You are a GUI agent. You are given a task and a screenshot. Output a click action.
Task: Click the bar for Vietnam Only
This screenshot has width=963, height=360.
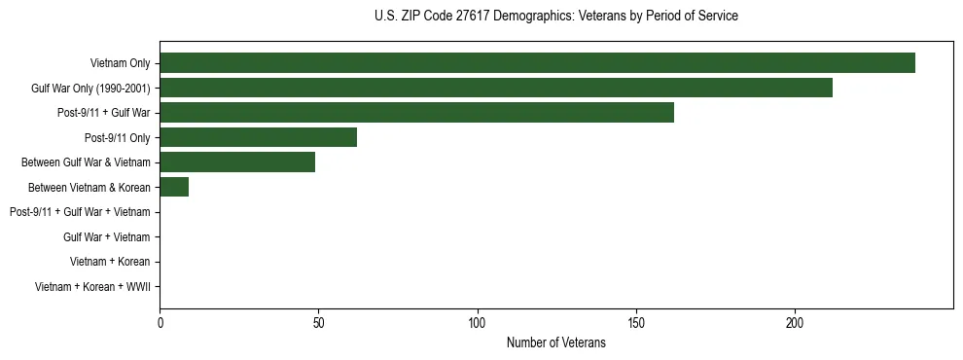click(537, 63)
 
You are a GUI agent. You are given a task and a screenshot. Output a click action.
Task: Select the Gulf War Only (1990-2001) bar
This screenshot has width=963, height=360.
click(496, 88)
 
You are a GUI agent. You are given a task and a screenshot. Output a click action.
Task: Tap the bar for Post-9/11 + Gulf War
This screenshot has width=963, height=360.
click(416, 113)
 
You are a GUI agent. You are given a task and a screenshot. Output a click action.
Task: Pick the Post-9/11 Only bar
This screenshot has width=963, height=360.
click(258, 137)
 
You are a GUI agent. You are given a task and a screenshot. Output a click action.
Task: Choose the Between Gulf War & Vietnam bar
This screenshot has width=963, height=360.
click(237, 162)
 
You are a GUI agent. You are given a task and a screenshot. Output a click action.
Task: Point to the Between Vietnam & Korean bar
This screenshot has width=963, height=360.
click(174, 187)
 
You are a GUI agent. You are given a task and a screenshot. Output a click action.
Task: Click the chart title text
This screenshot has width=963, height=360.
click(555, 17)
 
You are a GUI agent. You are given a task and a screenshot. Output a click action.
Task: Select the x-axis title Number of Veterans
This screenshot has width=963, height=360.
click(555, 342)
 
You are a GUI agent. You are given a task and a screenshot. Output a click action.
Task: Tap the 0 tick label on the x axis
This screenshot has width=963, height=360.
click(160, 323)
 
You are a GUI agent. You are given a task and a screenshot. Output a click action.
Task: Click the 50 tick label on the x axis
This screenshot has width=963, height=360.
click(318, 323)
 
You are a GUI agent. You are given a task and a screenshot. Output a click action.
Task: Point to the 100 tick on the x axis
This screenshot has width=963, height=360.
click(477, 323)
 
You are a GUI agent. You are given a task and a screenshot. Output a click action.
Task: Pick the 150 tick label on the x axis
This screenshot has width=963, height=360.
click(636, 323)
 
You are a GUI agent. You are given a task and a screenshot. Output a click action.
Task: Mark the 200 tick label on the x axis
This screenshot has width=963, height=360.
click(795, 323)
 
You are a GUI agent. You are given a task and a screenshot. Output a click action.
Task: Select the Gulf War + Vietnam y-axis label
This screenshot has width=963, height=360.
click(106, 236)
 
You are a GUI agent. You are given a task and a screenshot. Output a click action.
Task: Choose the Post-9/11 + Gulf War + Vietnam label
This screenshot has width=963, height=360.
click(80, 212)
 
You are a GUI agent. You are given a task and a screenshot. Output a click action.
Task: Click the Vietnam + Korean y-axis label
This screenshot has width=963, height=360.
click(110, 262)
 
